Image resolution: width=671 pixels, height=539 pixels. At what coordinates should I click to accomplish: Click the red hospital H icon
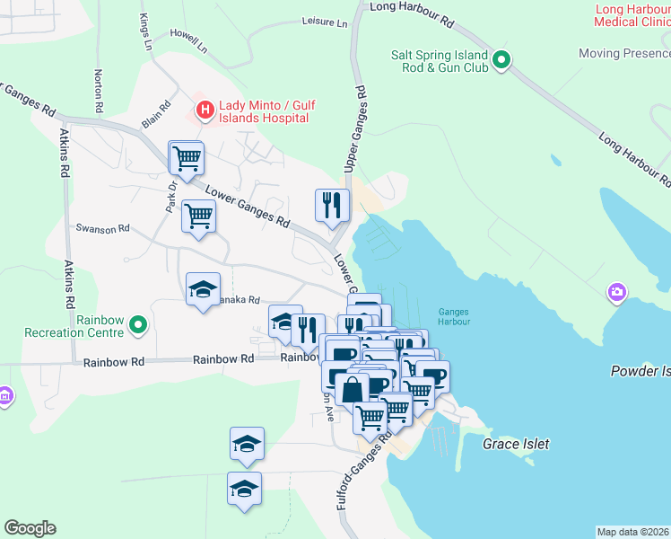tap(205, 110)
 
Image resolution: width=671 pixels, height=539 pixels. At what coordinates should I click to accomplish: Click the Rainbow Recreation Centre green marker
tap(137, 325)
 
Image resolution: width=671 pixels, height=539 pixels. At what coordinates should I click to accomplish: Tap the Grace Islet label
tap(515, 444)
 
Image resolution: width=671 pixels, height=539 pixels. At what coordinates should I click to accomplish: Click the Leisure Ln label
tap(324, 22)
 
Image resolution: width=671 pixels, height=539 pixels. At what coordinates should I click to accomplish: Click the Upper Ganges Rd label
tap(354, 129)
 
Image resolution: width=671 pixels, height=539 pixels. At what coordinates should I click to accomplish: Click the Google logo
tap(30, 528)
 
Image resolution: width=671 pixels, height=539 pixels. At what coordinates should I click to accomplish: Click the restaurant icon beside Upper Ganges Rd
tap(332, 205)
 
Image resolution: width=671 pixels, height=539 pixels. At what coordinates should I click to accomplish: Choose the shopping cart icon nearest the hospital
tap(187, 158)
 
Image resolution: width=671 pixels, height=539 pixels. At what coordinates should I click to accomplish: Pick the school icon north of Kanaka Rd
tap(203, 289)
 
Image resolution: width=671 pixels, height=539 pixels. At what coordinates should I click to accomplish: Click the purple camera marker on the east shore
tap(616, 292)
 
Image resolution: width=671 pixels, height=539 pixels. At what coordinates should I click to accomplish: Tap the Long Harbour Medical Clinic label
tap(632, 15)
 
